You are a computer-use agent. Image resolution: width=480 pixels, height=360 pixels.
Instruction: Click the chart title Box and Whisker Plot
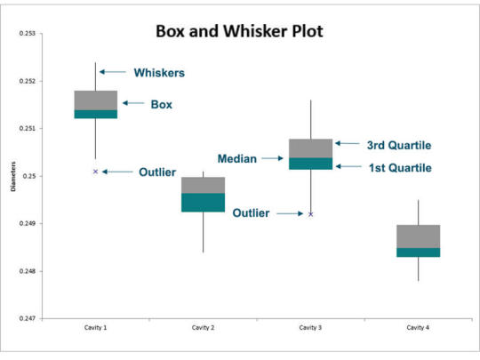(x=239, y=31)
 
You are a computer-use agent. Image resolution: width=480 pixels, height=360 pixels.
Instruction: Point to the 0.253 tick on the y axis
(x=28, y=33)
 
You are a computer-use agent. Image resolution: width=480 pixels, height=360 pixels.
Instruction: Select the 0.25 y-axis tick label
(x=29, y=176)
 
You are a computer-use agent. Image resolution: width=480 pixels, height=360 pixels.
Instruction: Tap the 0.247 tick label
(x=28, y=318)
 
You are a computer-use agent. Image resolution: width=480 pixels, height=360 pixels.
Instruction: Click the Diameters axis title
(x=13, y=177)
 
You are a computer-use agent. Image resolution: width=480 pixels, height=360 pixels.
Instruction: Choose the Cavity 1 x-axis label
(x=95, y=327)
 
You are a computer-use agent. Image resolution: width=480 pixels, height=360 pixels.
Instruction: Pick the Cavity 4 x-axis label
(x=418, y=327)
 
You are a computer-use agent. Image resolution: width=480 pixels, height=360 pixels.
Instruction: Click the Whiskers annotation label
(x=159, y=73)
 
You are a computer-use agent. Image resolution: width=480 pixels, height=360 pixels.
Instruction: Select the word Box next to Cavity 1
(x=161, y=104)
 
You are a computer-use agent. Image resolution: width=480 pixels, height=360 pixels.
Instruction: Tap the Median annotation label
(x=237, y=158)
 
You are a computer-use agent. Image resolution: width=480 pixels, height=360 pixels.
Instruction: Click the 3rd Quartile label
(x=399, y=145)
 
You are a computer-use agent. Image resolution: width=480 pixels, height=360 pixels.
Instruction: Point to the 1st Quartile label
(x=400, y=168)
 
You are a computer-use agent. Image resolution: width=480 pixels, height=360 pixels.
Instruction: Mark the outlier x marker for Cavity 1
(x=95, y=172)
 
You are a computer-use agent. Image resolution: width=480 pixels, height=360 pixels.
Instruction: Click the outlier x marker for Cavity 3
(x=311, y=214)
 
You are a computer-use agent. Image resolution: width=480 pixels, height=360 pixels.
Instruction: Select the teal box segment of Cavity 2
(x=203, y=203)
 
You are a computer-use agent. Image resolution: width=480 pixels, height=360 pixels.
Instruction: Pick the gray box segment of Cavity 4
(x=419, y=236)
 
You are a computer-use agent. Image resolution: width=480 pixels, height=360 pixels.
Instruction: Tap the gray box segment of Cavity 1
(x=96, y=100)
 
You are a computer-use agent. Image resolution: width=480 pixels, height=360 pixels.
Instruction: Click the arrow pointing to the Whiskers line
(x=113, y=72)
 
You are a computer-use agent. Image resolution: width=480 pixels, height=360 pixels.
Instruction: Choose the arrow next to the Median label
(x=273, y=158)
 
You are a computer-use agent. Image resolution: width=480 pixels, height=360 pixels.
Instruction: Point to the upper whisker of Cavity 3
(x=311, y=119)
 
